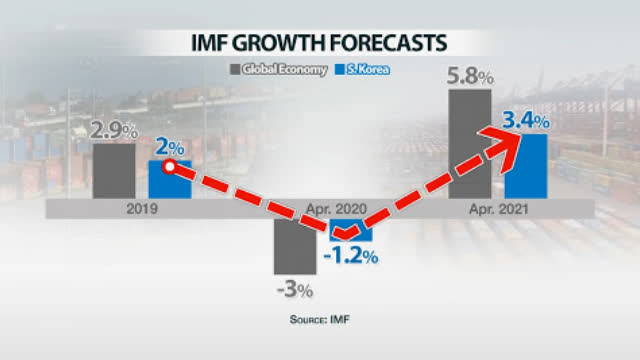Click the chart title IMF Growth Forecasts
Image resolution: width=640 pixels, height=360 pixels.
pos(320,43)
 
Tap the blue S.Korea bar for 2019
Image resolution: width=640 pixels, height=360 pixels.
pos(169,180)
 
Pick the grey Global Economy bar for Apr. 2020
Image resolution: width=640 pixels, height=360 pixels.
pos(295,246)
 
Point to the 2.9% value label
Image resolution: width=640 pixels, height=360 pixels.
pos(113,129)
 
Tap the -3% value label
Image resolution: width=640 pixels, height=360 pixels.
pos(295,290)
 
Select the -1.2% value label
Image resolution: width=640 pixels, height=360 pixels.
pos(350,256)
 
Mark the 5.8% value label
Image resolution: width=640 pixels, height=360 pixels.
pos(469,75)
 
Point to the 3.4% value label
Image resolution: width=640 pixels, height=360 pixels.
pos(525,120)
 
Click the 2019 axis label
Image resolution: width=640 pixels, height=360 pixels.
pos(141,210)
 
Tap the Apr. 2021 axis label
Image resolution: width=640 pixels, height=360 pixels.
pos(497,210)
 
